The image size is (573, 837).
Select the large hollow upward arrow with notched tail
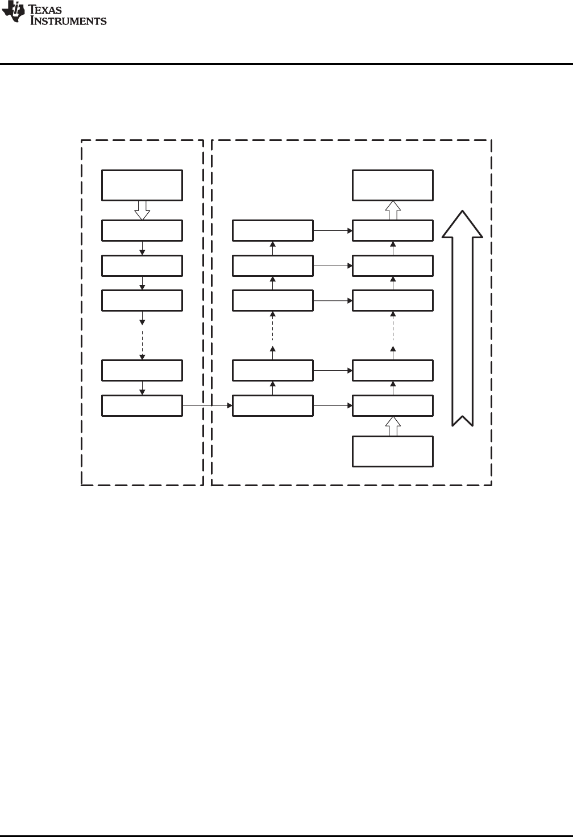(462, 318)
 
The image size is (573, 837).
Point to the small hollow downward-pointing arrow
(142, 210)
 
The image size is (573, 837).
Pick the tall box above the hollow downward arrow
(142, 185)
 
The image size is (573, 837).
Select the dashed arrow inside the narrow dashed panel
(142, 335)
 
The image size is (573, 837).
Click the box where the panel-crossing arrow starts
(142, 405)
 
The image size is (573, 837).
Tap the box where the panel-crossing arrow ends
(273, 405)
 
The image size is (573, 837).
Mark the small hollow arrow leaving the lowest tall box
(393, 426)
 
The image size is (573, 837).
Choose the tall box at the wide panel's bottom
(393, 451)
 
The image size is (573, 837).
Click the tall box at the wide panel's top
(393, 185)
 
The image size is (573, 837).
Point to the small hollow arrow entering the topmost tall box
(393, 210)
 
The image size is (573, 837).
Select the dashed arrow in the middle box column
(273, 335)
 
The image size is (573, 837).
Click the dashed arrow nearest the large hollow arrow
(393, 335)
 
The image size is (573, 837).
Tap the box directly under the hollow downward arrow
(142, 230)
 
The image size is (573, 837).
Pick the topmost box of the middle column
(273, 230)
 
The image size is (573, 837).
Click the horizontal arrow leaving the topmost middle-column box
(333, 230)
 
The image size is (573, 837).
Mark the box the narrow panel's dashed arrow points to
(142, 370)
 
